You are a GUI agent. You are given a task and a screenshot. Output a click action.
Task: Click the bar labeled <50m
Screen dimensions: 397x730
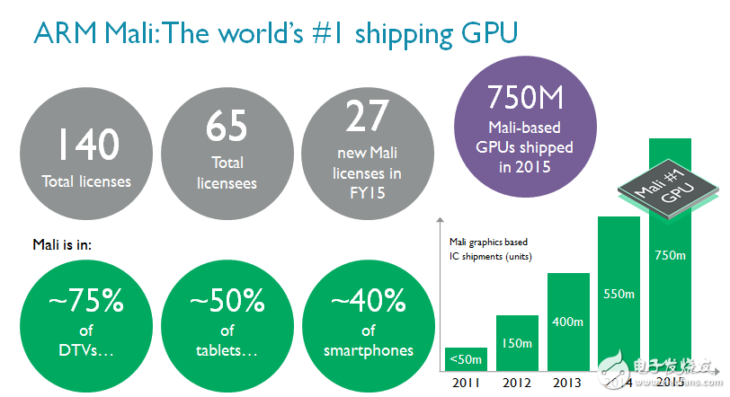coord(466,359)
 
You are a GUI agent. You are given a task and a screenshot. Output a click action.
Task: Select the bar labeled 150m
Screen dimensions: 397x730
coord(517,343)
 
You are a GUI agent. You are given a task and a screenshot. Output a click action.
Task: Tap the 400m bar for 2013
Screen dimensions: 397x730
coord(568,322)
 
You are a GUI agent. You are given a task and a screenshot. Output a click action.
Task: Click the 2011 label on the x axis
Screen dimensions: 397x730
coord(466,382)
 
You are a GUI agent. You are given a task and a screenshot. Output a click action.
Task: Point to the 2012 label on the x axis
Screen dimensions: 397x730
coord(517,382)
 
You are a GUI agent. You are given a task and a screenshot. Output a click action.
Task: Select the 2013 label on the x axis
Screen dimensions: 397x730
coord(568,382)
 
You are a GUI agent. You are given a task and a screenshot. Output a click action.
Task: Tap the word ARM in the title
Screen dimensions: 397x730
coord(63,33)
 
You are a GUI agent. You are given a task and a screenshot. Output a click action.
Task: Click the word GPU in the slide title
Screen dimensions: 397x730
coord(491,33)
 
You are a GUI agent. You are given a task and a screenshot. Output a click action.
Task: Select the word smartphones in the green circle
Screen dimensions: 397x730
coord(368,349)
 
